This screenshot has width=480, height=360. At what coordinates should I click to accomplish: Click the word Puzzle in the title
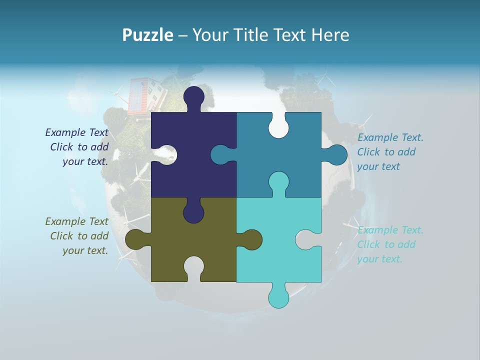coord(147,35)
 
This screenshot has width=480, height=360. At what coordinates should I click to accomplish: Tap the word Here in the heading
coord(330,35)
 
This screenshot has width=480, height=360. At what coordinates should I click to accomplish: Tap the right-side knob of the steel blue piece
coord(336,155)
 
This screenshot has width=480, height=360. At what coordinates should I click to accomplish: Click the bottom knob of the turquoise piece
coord(278,297)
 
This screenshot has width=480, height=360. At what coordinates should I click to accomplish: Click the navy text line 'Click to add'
coord(79,147)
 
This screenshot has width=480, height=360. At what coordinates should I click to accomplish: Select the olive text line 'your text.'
coord(85,250)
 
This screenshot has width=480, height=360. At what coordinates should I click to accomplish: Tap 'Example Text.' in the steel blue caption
coord(390,137)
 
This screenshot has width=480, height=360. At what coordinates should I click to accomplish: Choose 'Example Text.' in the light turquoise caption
coord(390,230)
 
